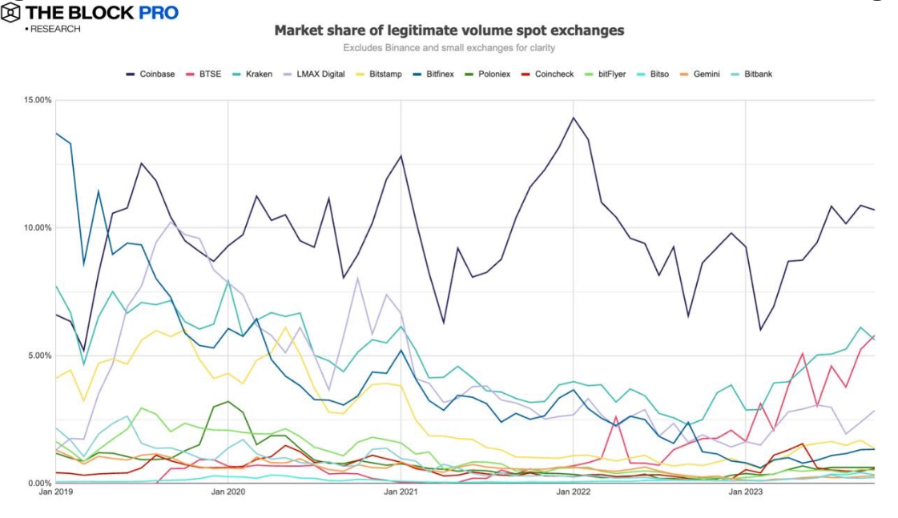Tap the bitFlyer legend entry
click(611, 74)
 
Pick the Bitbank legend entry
click(757, 74)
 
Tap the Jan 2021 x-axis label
click(401, 493)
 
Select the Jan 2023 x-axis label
click(746, 493)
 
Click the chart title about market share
click(449, 30)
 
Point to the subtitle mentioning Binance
click(449, 48)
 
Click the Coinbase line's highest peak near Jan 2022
click(573, 118)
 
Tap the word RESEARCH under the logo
click(55, 30)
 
